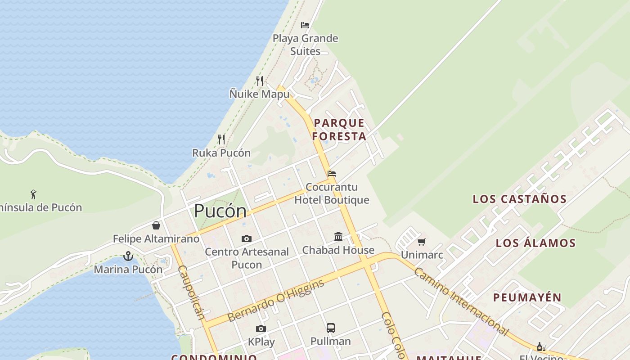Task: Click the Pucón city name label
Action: point(220,211)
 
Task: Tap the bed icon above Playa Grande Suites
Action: point(305,25)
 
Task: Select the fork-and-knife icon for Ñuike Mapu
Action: point(260,81)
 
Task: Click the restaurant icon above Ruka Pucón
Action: point(221,139)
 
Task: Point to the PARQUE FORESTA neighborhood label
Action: point(339,130)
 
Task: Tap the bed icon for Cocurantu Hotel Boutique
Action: point(332,174)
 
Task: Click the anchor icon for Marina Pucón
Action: point(128,256)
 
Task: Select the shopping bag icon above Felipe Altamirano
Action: point(156,225)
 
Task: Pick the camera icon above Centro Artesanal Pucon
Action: point(247,238)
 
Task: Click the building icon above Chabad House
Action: point(338,237)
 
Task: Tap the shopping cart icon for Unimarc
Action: point(422,242)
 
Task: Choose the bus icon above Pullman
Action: point(331,328)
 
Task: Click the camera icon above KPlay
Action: point(261,328)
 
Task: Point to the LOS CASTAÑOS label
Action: point(519,199)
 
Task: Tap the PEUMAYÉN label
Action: point(527,297)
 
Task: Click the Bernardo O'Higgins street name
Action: point(275,301)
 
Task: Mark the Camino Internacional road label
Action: point(461,301)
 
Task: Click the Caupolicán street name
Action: point(191,292)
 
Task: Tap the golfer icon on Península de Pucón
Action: point(33,194)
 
